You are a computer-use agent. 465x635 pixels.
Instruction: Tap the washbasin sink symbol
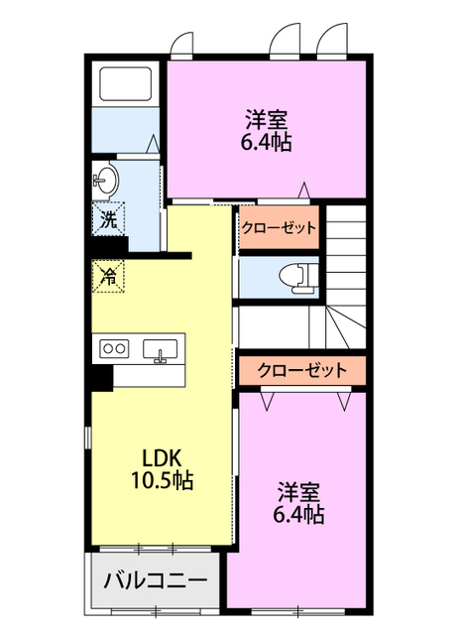[105, 181]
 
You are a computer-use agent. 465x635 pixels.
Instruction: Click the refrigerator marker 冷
[108, 275]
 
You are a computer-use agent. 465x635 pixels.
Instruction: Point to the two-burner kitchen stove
[114, 348]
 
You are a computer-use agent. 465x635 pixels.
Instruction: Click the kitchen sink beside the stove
[160, 349]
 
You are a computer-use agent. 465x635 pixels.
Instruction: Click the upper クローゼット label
[279, 228]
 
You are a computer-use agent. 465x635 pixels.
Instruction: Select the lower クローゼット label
[301, 371]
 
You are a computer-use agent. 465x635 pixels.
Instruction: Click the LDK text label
[160, 458]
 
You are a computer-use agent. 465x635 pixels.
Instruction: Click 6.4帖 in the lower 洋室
[298, 514]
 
